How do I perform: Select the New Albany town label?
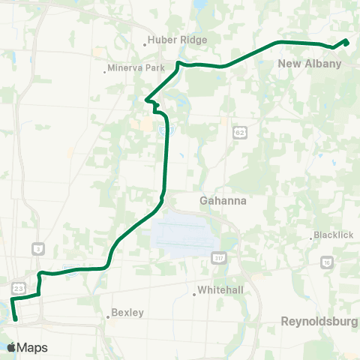310,64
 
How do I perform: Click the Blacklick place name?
333,235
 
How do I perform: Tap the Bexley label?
127,313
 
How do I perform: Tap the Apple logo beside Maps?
10,347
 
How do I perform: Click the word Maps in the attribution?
32,347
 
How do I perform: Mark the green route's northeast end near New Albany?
347,40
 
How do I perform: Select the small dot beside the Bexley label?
108,316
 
